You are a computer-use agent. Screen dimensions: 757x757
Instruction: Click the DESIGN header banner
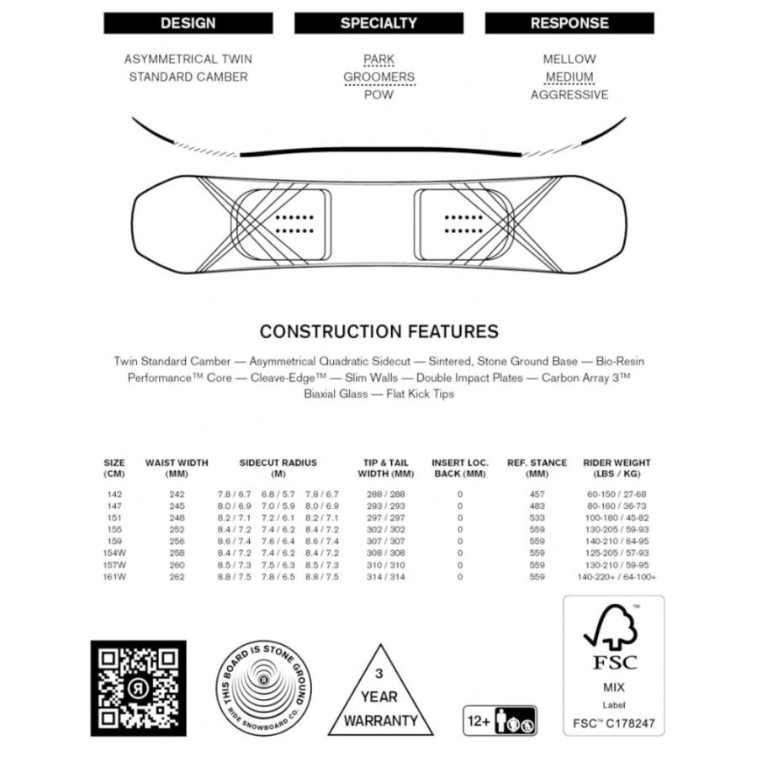click(x=188, y=24)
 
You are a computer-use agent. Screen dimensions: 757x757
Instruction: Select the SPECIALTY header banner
click(x=378, y=24)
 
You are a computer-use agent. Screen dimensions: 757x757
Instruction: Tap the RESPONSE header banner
click(x=569, y=24)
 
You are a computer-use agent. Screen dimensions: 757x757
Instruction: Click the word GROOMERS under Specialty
click(x=378, y=77)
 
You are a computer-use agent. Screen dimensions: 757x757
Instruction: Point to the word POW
click(x=378, y=95)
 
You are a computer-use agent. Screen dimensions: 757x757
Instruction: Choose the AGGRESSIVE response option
click(x=569, y=95)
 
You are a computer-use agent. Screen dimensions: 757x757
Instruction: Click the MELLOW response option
click(x=569, y=59)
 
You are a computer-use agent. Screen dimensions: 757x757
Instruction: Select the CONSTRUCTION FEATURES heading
click(x=378, y=331)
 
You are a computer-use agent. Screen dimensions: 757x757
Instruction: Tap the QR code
click(x=138, y=688)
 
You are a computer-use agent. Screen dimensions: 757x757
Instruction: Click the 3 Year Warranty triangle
click(x=380, y=694)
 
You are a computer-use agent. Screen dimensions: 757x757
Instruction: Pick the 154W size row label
click(x=116, y=553)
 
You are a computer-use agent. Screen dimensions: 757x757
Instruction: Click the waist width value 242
click(x=177, y=495)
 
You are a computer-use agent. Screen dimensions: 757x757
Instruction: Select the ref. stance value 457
click(x=537, y=495)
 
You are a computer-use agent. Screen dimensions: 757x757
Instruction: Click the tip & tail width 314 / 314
click(x=386, y=577)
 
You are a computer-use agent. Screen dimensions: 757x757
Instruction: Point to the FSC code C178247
click(x=613, y=721)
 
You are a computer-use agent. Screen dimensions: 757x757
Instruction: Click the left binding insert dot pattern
click(x=294, y=223)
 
